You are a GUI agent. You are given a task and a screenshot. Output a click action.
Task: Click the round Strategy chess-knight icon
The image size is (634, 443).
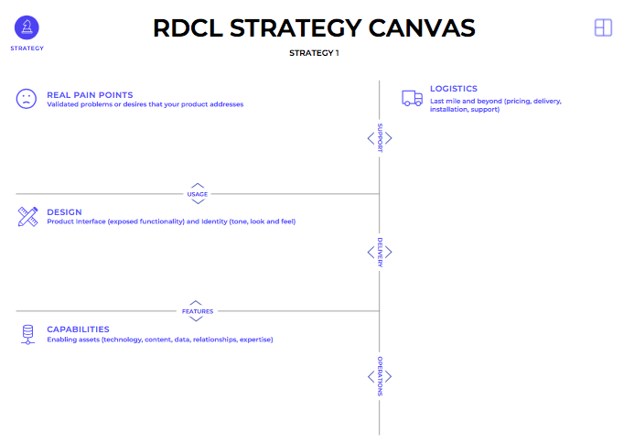(27, 27)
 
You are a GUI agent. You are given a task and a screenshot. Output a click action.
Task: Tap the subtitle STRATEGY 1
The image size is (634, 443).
(314, 53)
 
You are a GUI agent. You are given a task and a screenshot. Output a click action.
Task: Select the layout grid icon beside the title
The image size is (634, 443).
(603, 27)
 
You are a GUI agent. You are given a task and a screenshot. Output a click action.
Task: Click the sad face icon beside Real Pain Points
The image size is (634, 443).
(27, 99)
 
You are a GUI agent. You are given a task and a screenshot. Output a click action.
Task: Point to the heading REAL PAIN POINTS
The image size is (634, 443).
(90, 94)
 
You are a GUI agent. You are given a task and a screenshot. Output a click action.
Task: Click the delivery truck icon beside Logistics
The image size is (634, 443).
(412, 98)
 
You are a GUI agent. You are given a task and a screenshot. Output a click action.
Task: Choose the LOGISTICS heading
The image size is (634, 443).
(454, 89)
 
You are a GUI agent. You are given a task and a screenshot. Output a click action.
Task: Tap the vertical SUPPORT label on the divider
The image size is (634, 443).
(380, 137)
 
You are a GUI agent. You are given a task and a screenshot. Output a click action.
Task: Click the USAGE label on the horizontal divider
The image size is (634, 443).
(198, 194)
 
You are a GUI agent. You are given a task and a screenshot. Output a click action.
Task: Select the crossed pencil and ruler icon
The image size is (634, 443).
(27, 217)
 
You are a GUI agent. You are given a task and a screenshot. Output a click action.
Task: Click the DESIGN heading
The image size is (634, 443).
(64, 212)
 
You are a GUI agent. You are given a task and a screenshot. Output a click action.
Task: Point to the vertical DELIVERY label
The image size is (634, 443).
(380, 254)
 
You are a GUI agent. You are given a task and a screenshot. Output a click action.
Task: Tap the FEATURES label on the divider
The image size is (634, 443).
(198, 311)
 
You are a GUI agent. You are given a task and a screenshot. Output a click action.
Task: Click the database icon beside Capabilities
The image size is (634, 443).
(27, 334)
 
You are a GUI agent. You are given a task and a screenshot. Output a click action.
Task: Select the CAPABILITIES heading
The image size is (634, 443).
(78, 330)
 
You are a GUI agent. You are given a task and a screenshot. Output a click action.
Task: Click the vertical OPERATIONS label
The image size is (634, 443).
(380, 376)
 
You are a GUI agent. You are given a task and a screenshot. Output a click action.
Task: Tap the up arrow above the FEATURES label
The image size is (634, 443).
(196, 302)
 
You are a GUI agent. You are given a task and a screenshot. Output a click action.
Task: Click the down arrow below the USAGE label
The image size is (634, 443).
(198, 202)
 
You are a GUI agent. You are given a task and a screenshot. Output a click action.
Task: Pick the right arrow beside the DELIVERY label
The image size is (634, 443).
(389, 254)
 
